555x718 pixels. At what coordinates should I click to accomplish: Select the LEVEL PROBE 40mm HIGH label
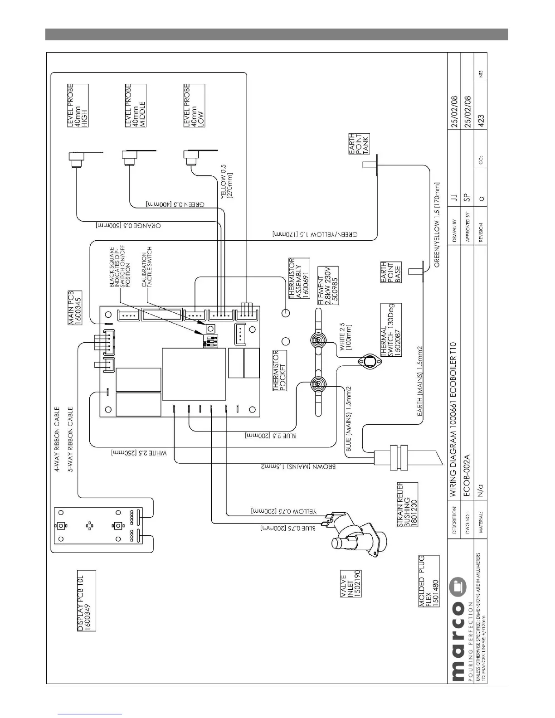(78, 105)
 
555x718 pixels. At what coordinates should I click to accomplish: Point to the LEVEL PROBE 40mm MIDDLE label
(135, 105)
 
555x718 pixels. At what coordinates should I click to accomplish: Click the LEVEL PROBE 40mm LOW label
(193, 105)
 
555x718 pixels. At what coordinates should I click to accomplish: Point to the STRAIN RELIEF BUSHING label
(407, 504)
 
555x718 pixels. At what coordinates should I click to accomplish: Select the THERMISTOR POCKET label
(280, 371)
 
